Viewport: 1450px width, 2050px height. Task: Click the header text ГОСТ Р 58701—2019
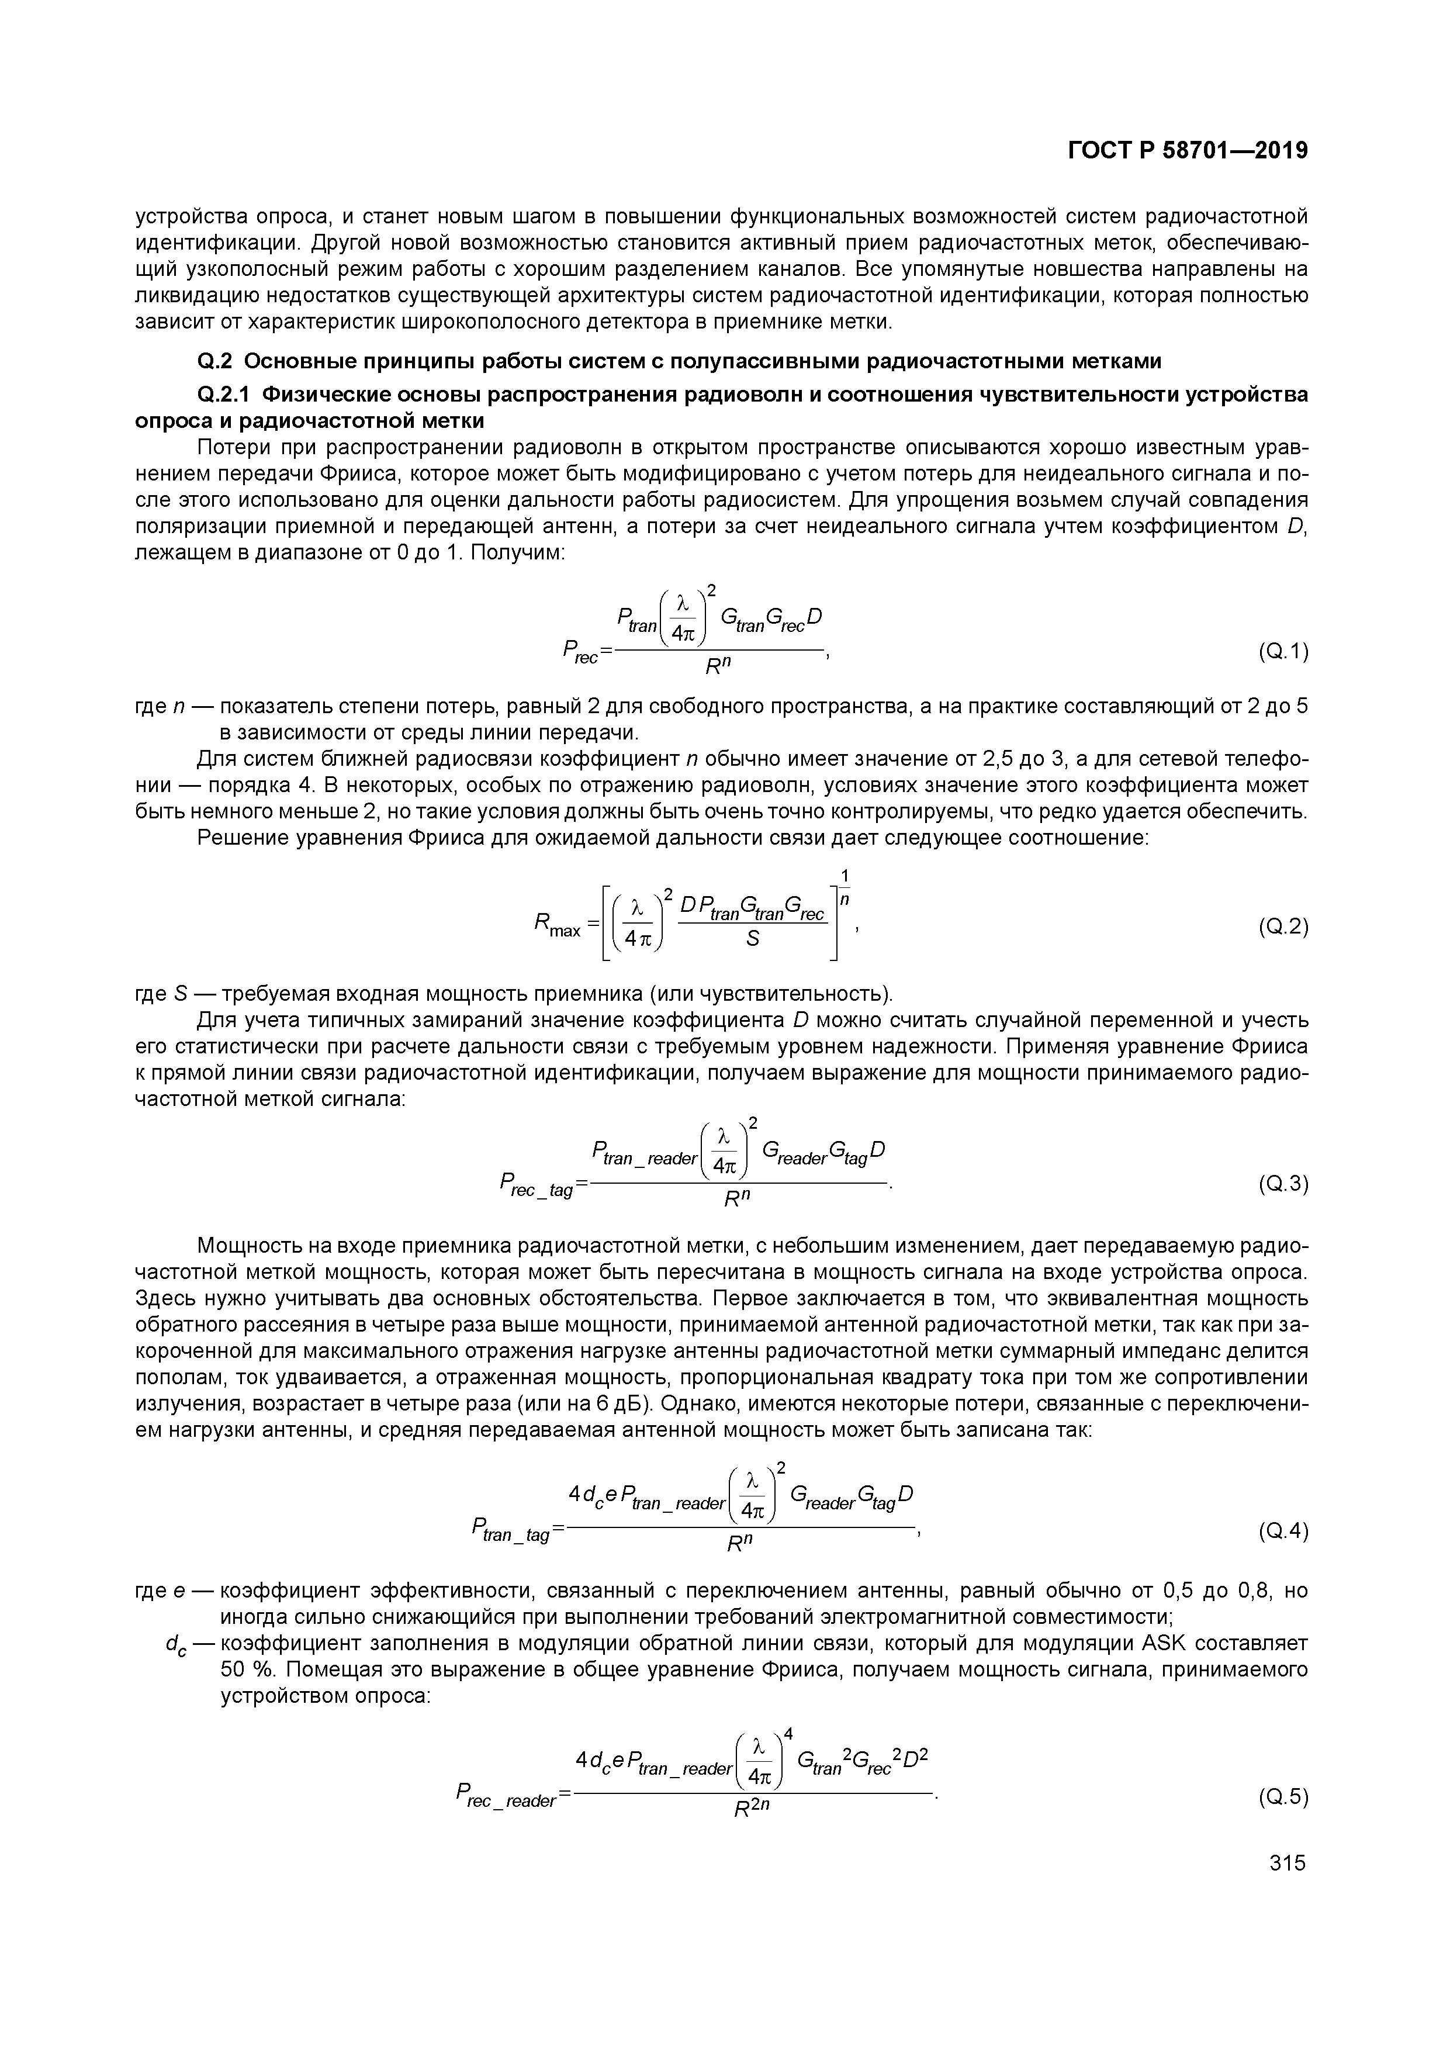1188,151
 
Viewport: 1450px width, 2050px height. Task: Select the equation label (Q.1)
1283,653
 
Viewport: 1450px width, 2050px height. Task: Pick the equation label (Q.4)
1283,1532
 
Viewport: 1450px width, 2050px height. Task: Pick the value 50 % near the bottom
245,1669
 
